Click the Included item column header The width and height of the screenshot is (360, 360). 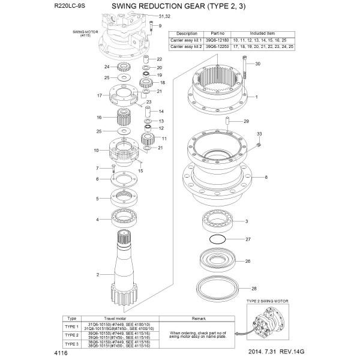[x=264, y=34]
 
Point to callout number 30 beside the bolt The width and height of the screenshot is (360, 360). [x=258, y=64]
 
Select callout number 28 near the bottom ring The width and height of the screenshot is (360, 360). [x=254, y=289]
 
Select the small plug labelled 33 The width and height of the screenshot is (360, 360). [x=257, y=145]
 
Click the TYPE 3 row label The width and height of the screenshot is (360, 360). [x=71, y=344]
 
